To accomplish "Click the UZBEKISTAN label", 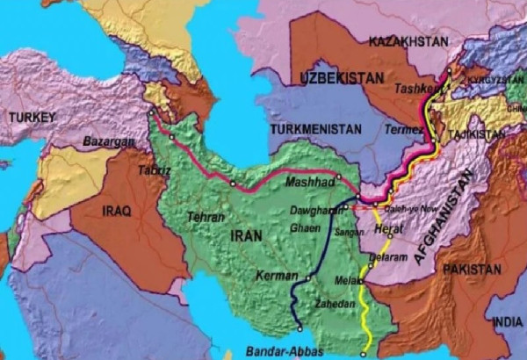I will (343, 78).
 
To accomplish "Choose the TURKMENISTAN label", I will (315, 128).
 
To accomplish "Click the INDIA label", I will (507, 323).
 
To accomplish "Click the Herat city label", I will (388, 228).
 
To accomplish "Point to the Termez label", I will (402, 128).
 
